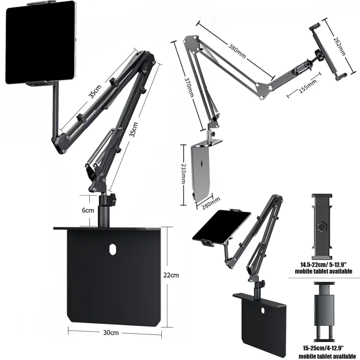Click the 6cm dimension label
coord(88,210)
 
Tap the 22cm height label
coord(171,275)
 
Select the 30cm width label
coord(112,332)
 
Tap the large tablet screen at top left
coord(40,42)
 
